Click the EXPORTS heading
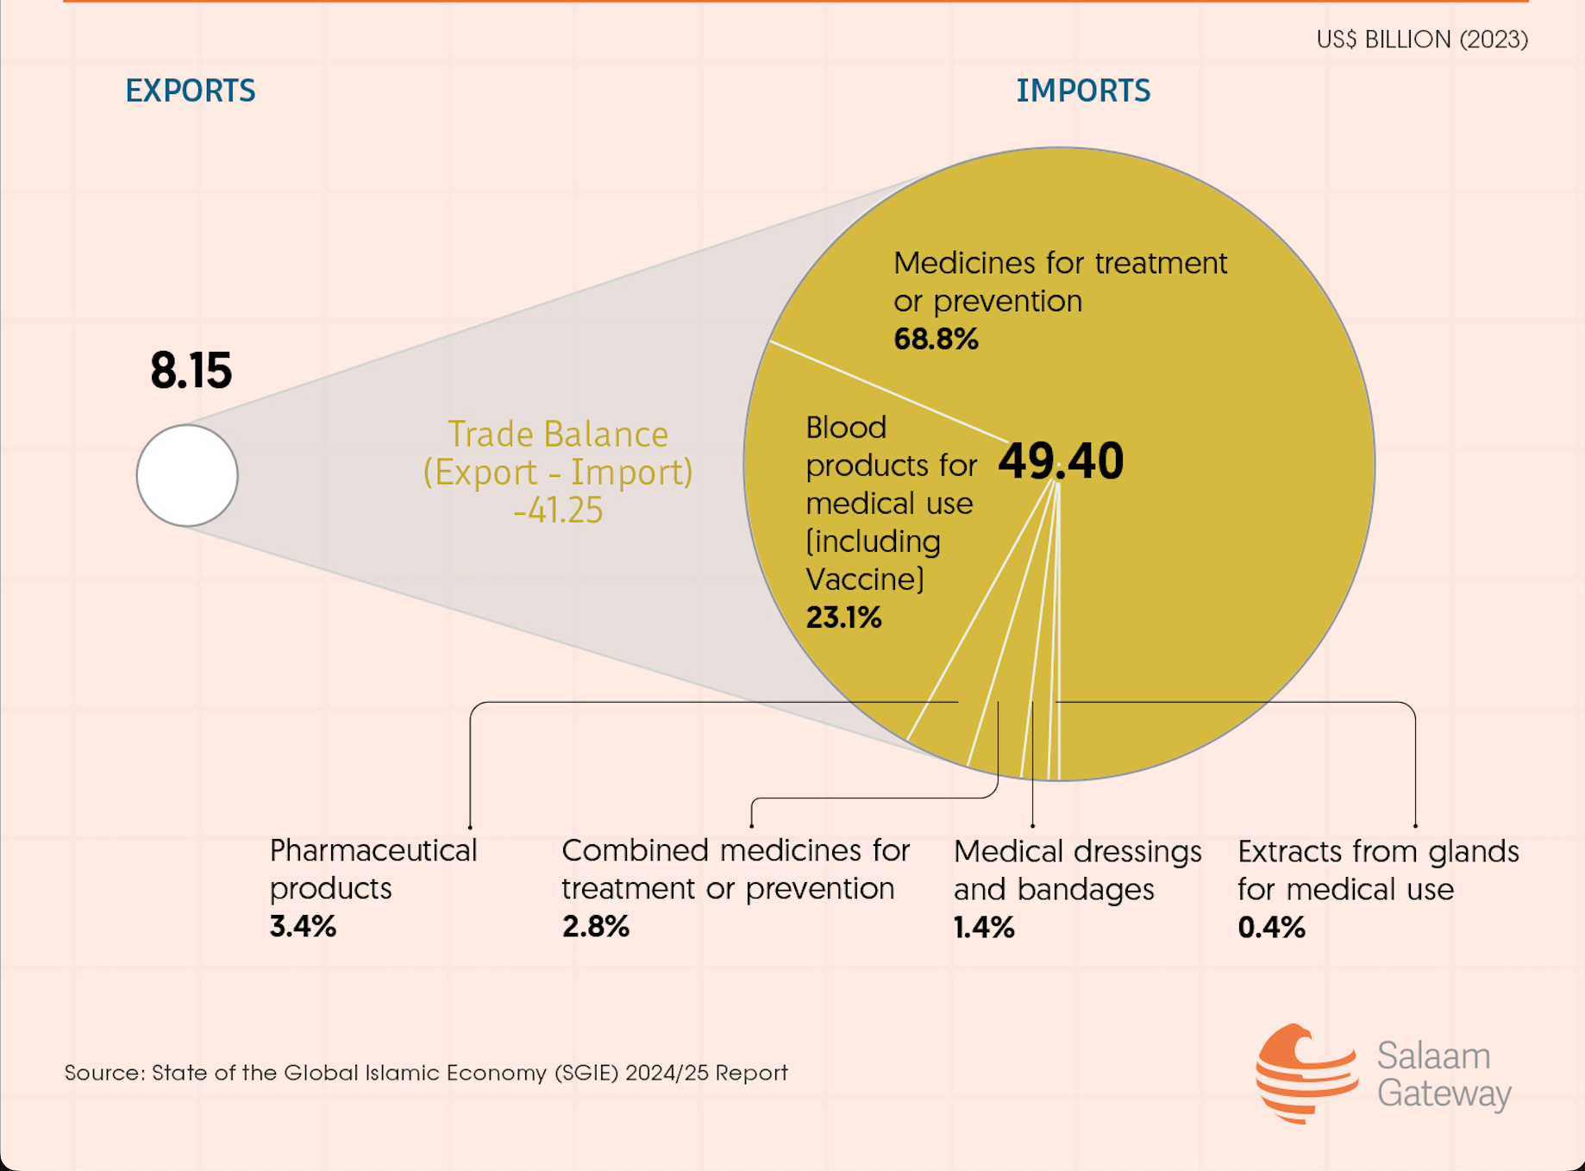(190, 91)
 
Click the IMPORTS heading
(1082, 91)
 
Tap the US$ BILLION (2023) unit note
(1421, 40)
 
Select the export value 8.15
(191, 371)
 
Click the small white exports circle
(187, 475)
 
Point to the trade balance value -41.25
(558, 510)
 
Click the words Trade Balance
(558, 435)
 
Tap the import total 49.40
(1061, 460)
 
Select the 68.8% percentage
(936, 339)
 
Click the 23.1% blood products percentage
(843, 617)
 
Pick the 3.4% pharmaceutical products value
(303, 926)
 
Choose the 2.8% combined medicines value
(595, 926)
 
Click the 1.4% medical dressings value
(983, 927)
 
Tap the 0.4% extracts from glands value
(1271, 927)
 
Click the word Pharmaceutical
(373, 851)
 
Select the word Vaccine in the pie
(864, 579)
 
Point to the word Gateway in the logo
(1444, 1093)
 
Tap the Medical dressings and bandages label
(1077, 870)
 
